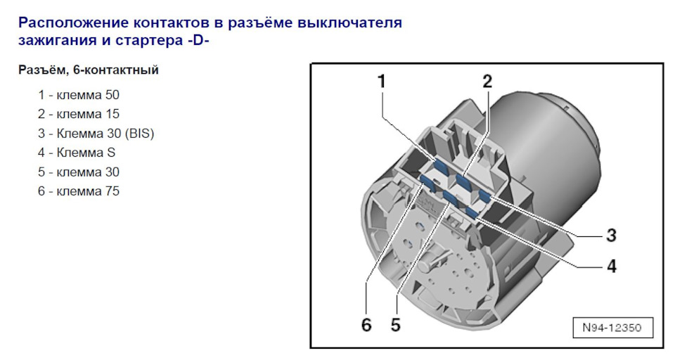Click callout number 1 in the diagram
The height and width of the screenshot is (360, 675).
381,82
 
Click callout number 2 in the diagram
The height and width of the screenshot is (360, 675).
487,81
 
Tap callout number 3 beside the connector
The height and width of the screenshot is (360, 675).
611,235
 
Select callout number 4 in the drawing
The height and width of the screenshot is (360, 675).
611,266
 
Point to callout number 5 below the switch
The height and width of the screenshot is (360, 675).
396,324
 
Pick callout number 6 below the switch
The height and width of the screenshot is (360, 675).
366,324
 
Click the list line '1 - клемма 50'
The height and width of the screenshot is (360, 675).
74,94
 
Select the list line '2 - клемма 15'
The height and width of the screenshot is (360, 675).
74,114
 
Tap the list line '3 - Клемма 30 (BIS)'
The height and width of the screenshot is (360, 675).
96,133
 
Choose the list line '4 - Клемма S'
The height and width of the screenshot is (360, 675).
77,153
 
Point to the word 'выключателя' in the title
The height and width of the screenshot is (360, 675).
357,23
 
